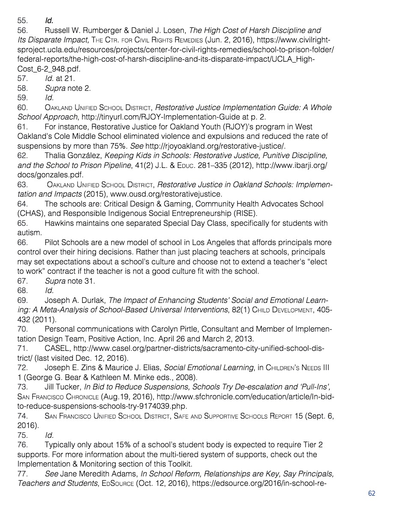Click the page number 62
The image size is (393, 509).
point(372,493)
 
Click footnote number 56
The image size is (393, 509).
point(22,30)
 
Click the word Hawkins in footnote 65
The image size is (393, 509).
point(59,223)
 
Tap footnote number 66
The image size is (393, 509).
point(22,243)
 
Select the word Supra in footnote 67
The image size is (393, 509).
point(55,281)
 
